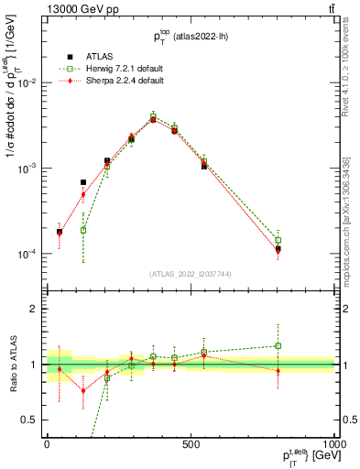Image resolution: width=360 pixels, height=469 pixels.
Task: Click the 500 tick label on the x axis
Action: [x=191, y=443]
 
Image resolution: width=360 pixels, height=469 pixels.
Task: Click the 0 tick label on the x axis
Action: [x=47, y=443]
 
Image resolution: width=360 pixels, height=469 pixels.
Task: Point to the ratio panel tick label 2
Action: [x=34, y=310]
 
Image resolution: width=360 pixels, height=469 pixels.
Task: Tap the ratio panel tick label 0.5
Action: [x=30, y=420]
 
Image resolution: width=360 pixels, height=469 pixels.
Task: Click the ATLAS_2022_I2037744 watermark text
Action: [x=191, y=274]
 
